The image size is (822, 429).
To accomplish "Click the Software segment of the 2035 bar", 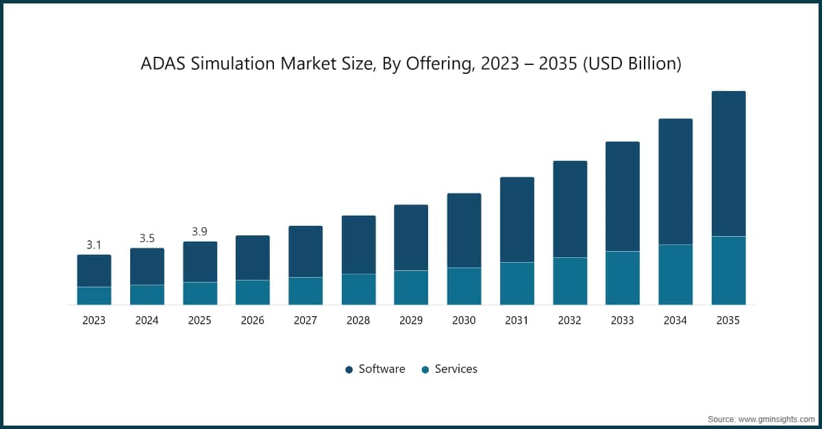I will coord(728,164).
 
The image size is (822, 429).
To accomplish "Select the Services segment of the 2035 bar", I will coord(728,270).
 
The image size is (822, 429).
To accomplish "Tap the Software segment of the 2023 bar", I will coord(94,271).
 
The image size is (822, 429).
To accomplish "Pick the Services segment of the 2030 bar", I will coord(464,286).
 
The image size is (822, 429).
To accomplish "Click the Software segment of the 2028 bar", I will coord(358,245).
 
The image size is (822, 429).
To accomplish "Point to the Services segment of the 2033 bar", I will coord(622,278).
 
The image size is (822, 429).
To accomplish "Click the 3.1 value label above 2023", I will coord(94,244).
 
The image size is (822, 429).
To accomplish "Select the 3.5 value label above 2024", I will coord(147,238).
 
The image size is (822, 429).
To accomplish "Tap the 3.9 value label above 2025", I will coord(199,231).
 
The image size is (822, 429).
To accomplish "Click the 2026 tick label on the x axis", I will coord(252,320).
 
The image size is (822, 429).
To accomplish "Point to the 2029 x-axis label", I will coord(411,320).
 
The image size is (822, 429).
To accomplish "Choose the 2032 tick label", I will coord(569,320).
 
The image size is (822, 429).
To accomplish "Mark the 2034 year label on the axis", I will coord(675,320).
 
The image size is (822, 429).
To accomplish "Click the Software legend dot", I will coord(349,369).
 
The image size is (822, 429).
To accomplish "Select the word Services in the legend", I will coord(456,369).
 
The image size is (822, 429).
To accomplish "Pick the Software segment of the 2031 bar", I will coord(516,220).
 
